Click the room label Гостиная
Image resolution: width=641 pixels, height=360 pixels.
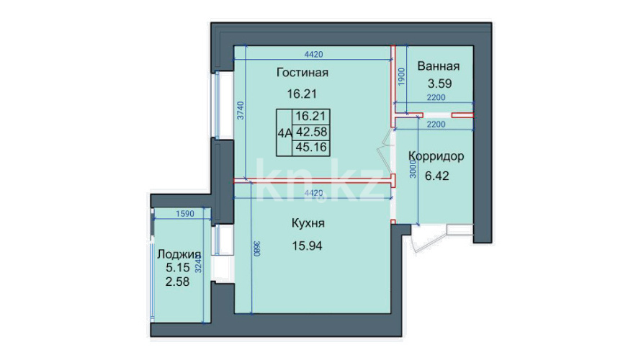(302, 72)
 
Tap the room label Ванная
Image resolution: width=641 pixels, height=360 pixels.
(438, 66)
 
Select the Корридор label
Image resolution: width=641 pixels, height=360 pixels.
(436, 156)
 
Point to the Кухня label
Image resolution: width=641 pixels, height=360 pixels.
(308, 223)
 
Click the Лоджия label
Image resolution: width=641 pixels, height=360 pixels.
(179, 255)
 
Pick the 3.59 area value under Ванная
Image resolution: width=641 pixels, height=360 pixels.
(439, 84)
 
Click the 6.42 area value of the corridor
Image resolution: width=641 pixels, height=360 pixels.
(437, 176)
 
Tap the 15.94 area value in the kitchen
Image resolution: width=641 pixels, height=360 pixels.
(307, 246)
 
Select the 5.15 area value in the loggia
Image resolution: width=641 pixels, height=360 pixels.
(178, 268)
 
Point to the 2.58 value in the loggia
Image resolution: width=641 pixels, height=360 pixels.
(177, 282)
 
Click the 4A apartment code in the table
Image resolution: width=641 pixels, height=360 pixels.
(284, 132)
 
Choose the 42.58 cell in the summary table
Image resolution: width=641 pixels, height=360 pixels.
(312, 132)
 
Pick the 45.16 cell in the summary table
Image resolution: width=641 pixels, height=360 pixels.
(312, 147)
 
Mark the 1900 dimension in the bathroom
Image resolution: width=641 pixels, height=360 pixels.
(401, 76)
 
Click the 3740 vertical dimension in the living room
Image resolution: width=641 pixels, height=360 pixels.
(241, 110)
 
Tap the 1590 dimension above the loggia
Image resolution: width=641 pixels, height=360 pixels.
(185, 214)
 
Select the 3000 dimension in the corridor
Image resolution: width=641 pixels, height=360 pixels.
(413, 168)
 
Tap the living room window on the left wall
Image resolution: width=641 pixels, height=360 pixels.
(218, 105)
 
